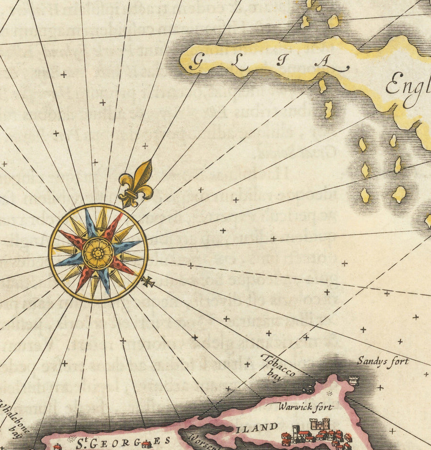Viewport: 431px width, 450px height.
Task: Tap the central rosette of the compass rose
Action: (x=98, y=253)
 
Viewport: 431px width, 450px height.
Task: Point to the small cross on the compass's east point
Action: (x=147, y=282)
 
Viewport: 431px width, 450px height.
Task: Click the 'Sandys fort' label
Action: (x=383, y=362)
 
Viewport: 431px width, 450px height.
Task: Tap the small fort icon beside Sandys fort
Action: (x=353, y=381)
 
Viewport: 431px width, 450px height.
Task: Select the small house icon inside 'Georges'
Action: (x=146, y=444)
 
